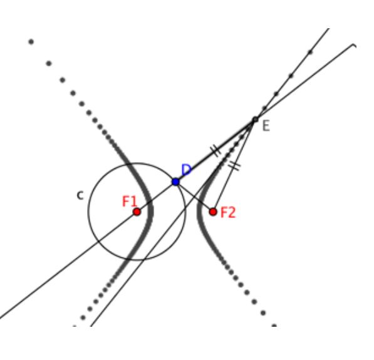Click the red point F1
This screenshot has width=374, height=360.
coord(137,212)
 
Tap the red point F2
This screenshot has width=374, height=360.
coord(213,212)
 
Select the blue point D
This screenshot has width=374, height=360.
coord(175,182)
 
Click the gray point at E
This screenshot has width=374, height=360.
coord(256,119)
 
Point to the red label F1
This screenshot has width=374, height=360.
coord(130,202)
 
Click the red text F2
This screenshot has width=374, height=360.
coord(228,213)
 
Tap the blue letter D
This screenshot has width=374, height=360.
coord(186,170)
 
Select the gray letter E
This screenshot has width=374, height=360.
coord(266,126)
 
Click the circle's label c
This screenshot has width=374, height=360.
coord(80,195)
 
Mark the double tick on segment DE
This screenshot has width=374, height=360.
coord(216,151)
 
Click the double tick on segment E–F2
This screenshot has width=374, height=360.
coord(234,165)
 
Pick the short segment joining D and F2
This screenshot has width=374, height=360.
coord(194,197)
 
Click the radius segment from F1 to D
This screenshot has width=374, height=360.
coord(156,197)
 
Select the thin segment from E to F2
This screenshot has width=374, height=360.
coord(234,165)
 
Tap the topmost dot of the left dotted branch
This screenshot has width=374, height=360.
coord(31,42)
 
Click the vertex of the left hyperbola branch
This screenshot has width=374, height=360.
coord(151,212)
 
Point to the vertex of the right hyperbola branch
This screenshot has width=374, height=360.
coord(199,212)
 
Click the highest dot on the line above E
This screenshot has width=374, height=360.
coord(310,52)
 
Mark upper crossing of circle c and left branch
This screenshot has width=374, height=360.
coord(130,164)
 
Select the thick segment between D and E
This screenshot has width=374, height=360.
coord(216,151)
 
